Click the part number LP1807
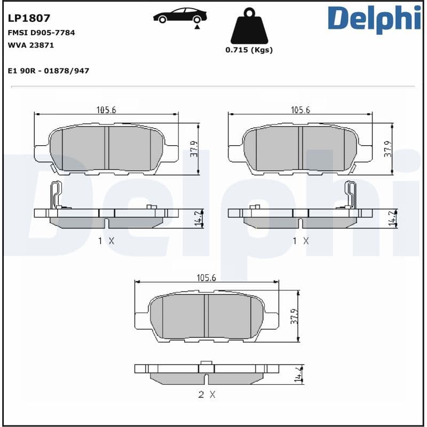click(29, 18)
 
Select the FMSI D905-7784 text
click(41, 33)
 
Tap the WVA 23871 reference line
click(30, 45)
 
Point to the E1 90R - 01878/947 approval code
click(49, 70)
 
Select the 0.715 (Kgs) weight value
click(249, 50)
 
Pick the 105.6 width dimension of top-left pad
click(106, 110)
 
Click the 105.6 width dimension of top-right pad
click(301, 110)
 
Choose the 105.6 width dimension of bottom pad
click(206, 278)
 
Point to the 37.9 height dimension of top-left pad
click(194, 149)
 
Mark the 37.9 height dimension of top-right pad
click(388, 149)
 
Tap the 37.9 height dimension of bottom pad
click(294, 316)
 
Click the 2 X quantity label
click(206, 395)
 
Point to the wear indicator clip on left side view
click(56, 194)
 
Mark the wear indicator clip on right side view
click(350, 194)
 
